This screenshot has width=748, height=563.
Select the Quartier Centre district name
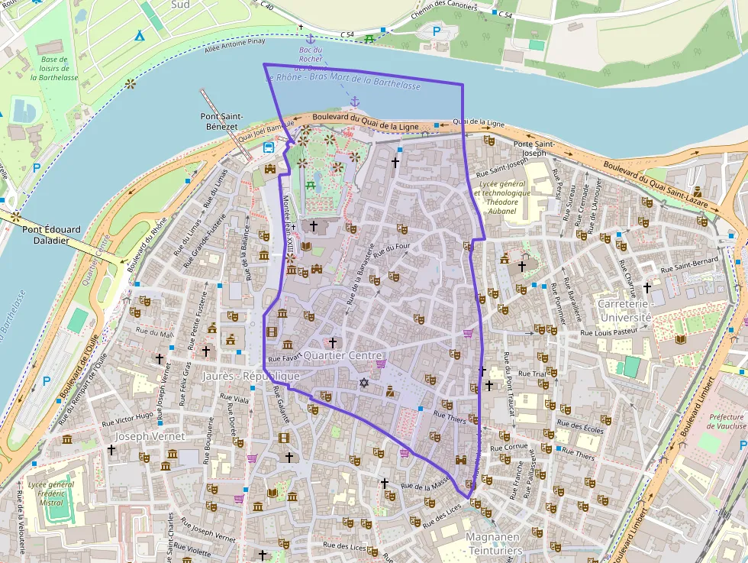click(341, 355)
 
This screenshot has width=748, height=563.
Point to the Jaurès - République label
click(251, 376)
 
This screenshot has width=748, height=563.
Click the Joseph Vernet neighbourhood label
click(150, 435)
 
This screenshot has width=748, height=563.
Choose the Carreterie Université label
click(624, 310)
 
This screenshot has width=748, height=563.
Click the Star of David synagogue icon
click(364, 382)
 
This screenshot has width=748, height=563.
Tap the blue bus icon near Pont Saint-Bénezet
click(269, 147)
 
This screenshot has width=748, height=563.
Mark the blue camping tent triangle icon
click(139, 36)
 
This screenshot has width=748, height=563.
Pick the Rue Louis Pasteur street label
click(608, 332)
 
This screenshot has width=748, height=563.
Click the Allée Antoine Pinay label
click(241, 51)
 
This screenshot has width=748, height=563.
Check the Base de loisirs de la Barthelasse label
click(54, 68)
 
